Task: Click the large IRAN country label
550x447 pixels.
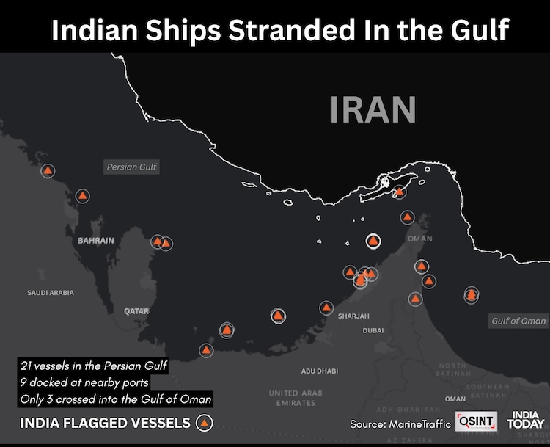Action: pyautogui.click(x=373, y=109)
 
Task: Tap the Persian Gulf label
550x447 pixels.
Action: pyautogui.click(x=132, y=167)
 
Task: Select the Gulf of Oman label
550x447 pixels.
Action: pyautogui.click(x=518, y=321)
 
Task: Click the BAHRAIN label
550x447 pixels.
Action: pyautogui.click(x=96, y=241)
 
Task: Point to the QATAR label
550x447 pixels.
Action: pyautogui.click(x=136, y=311)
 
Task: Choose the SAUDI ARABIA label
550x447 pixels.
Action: pyautogui.click(x=51, y=292)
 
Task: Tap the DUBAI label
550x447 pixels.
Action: pyautogui.click(x=373, y=331)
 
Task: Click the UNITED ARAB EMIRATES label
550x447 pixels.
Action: pyautogui.click(x=293, y=398)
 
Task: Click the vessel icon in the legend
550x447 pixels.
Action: pyautogui.click(x=205, y=423)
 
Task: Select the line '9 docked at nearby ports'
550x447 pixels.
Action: pyautogui.click(x=85, y=382)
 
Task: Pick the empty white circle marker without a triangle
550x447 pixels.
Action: pyautogui.click(x=373, y=241)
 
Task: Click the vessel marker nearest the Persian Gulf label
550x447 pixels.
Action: pyautogui.click(x=83, y=196)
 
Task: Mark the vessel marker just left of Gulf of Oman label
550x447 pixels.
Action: pyautogui.click(x=472, y=295)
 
